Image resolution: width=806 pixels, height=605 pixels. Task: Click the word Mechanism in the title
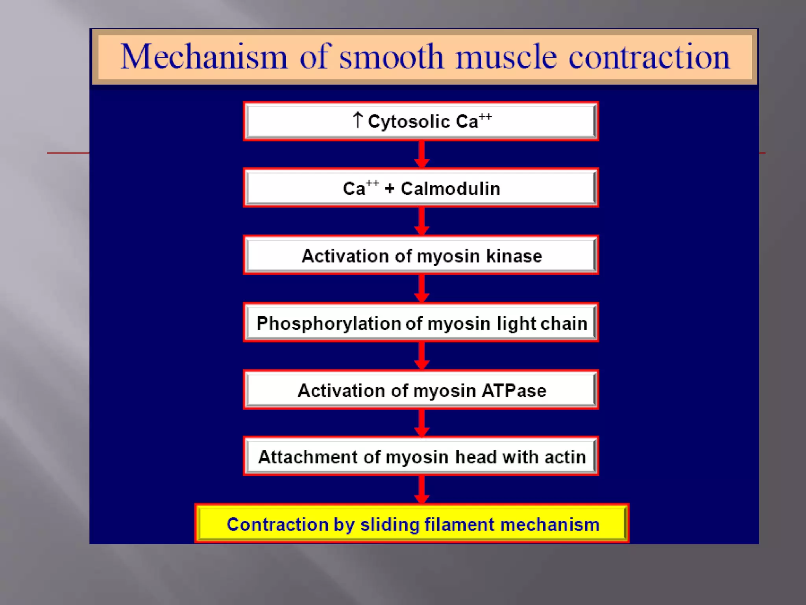203,57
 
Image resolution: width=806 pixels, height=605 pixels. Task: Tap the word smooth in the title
392,57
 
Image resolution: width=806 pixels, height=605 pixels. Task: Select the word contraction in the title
649,57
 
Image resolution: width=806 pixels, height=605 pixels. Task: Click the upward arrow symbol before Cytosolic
357,120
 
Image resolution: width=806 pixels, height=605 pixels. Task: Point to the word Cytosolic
409,121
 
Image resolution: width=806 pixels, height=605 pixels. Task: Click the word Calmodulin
451,189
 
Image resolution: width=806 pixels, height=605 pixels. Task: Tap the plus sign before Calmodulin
390,189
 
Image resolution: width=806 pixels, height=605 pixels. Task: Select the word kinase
514,256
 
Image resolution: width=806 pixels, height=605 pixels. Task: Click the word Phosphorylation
329,324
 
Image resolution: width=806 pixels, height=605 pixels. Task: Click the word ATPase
514,391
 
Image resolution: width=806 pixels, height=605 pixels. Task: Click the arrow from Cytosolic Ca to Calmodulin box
421,154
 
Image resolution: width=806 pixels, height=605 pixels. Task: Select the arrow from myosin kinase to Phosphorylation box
421,289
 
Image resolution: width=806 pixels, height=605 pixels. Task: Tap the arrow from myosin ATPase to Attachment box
421,423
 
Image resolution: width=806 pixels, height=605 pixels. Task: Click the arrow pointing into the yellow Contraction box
421,490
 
